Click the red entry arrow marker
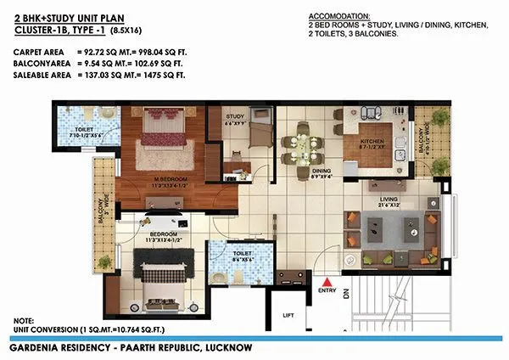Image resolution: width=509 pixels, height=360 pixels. click(327, 282)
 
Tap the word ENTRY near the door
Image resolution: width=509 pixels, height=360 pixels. click(327, 291)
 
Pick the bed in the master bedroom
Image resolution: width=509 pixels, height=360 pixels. click(155, 130)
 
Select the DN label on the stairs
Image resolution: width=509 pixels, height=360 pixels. click(346, 295)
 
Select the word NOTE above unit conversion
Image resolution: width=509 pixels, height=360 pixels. click(24, 320)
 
